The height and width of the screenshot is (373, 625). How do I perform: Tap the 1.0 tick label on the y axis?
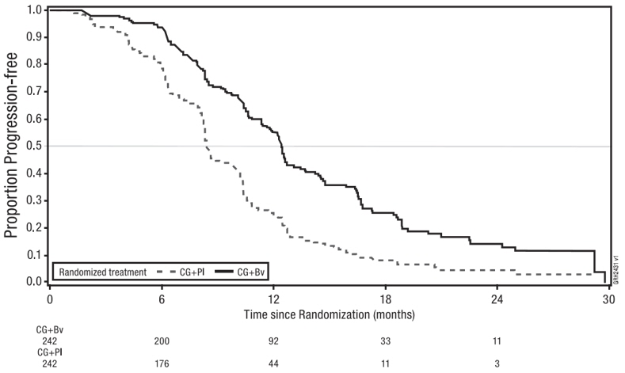tap(35, 10)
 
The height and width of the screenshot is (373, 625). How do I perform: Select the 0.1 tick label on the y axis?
tap(35, 254)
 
